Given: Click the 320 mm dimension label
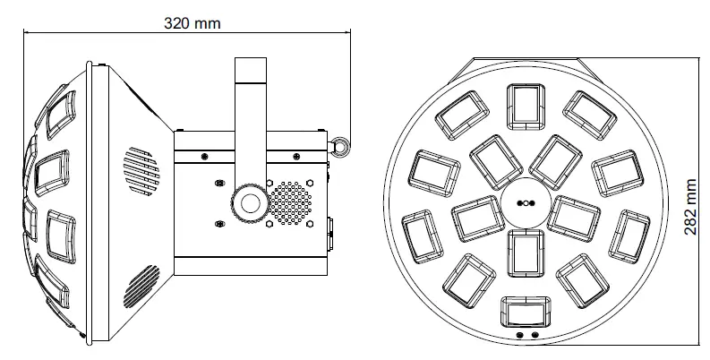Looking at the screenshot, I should tap(192, 21).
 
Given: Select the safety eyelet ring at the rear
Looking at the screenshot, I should tap(340, 144).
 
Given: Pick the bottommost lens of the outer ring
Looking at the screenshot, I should tap(526, 313).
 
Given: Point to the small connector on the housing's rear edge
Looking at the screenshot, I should tap(330, 232).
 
